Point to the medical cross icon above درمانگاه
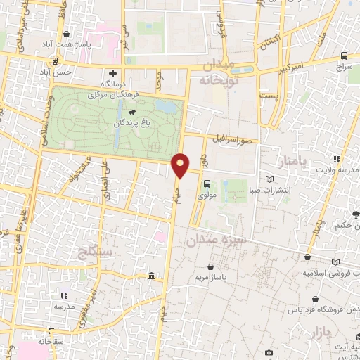[112, 73]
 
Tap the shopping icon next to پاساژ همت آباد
[66, 34]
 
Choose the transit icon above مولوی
[206, 184]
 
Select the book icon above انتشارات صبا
[271, 179]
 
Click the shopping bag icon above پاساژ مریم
[212, 267]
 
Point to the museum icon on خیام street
[152, 276]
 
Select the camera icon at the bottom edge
[268, 352]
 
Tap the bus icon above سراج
[343, 56]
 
